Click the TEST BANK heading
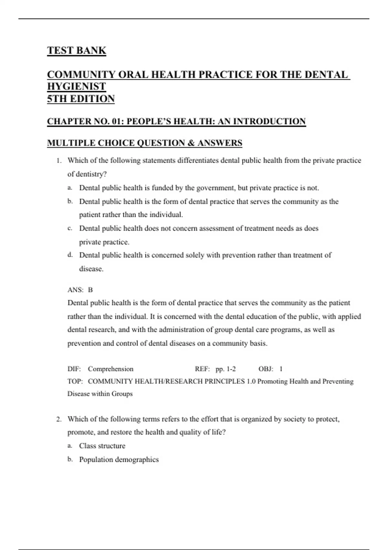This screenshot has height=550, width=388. [x=77, y=50]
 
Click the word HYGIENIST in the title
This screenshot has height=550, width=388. [x=77, y=86]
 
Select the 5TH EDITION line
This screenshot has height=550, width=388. [x=81, y=99]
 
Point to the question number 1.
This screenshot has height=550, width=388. [x=59, y=160]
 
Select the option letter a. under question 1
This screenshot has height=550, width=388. [x=70, y=188]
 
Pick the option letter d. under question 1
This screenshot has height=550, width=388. [x=70, y=255]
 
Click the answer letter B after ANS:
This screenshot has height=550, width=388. [x=90, y=290]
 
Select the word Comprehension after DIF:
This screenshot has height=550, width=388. [x=111, y=369]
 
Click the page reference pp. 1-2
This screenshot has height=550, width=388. [x=226, y=369]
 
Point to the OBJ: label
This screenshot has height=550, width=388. [x=266, y=369]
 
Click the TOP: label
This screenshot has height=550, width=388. [x=75, y=381]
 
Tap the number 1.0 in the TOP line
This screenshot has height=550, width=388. [x=251, y=381]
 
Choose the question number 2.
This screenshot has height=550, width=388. [x=59, y=419]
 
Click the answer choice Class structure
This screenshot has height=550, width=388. [x=102, y=446]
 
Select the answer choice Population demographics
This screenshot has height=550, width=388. [x=119, y=459]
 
